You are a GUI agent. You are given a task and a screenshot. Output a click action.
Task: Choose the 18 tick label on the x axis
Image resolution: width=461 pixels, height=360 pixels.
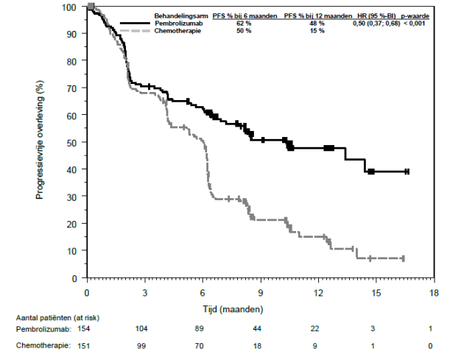click(x=434, y=292)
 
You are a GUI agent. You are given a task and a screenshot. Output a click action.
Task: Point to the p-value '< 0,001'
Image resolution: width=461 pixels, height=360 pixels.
click(x=416, y=24)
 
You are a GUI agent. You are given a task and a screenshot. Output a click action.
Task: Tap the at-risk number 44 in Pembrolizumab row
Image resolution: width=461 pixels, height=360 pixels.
click(x=261, y=328)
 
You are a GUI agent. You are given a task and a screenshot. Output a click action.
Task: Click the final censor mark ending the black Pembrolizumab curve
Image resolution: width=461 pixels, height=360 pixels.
click(x=407, y=172)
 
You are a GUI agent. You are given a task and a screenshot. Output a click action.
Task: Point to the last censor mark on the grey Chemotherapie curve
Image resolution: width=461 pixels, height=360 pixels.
click(x=403, y=258)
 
